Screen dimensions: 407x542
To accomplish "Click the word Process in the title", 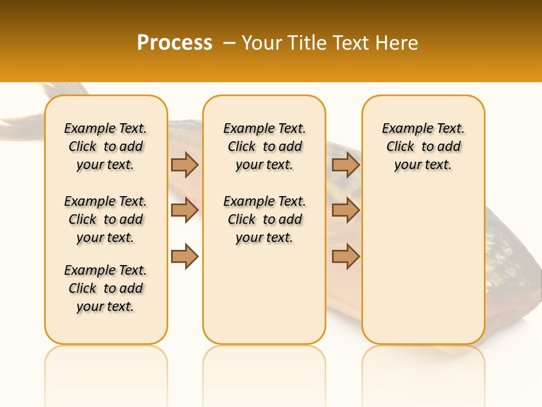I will pos(174,43).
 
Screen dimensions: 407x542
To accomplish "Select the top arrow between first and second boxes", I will pos(185,164).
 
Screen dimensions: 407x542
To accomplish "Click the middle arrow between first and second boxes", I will pos(185,210).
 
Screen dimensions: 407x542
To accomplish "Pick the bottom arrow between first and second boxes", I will pos(185,256).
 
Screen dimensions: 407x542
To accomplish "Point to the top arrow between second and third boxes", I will pos(346,164).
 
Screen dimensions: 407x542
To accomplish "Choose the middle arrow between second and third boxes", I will pos(346,210).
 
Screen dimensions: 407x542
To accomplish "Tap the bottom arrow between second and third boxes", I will pos(346,256).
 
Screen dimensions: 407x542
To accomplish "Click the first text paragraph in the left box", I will pos(106,146).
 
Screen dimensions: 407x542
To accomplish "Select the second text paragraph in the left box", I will pos(106,219).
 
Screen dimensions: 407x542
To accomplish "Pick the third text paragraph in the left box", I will pos(106,288).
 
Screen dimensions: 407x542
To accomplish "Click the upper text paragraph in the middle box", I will pos(264,146).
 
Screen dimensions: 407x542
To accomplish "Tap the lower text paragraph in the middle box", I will pos(264,219).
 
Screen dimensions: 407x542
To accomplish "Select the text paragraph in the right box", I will pos(423,146).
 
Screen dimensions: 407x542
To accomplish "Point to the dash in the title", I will pos(229,43).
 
